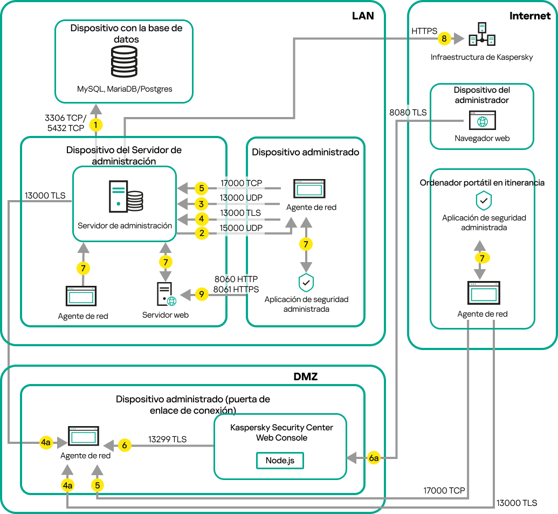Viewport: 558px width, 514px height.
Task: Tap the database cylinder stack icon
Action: click(123, 62)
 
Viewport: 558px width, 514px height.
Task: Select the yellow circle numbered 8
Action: click(444, 39)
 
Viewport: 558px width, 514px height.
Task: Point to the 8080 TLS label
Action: click(408, 113)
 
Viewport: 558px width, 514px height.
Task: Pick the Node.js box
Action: click(280, 460)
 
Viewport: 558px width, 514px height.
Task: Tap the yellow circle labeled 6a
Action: click(374, 458)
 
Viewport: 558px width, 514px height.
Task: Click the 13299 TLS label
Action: click(167, 440)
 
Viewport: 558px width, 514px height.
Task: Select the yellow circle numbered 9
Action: click(201, 294)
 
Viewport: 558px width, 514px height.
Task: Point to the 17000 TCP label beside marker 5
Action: click(241, 183)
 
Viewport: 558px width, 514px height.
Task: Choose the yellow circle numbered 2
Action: click(201, 234)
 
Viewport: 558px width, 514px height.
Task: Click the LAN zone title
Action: click(363, 16)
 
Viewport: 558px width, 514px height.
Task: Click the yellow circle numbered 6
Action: click(125, 446)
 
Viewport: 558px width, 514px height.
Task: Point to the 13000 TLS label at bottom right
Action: click(516, 503)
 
